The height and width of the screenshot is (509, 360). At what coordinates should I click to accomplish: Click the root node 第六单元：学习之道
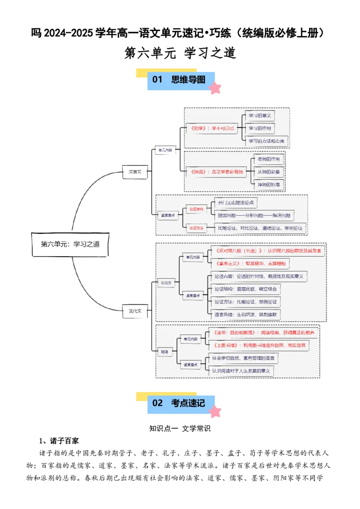[x=70, y=244]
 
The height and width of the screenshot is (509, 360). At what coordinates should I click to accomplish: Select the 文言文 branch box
[x=135, y=171]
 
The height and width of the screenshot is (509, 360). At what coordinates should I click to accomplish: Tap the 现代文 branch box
[x=135, y=311]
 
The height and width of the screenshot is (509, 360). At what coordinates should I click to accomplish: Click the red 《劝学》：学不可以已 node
[x=212, y=128]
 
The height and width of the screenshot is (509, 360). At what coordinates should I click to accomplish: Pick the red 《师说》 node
[x=217, y=172]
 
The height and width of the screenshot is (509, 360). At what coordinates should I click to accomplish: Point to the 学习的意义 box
[x=260, y=116]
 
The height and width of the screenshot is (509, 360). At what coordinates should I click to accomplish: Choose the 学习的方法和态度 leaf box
[x=266, y=141]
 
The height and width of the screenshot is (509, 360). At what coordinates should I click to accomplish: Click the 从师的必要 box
[x=269, y=172]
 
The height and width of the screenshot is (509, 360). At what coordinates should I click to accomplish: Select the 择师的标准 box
[x=269, y=184]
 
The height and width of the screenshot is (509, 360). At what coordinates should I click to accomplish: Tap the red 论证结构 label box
[x=196, y=209]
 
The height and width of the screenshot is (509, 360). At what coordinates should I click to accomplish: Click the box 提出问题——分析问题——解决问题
[x=254, y=215]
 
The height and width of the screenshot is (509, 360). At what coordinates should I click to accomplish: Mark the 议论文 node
[x=166, y=283]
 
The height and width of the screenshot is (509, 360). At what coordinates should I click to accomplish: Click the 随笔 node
[x=164, y=352]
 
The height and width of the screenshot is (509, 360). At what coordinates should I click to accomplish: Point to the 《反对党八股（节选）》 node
[x=268, y=250]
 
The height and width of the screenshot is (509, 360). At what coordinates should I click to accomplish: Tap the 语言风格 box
[x=245, y=314]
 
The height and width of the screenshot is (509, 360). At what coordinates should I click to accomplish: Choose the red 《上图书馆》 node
[x=259, y=345]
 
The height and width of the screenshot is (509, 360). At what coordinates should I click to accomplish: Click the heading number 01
[x=157, y=80]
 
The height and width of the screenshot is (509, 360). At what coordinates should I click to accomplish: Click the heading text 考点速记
[x=188, y=403]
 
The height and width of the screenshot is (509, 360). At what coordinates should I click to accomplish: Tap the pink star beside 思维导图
[x=215, y=88]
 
